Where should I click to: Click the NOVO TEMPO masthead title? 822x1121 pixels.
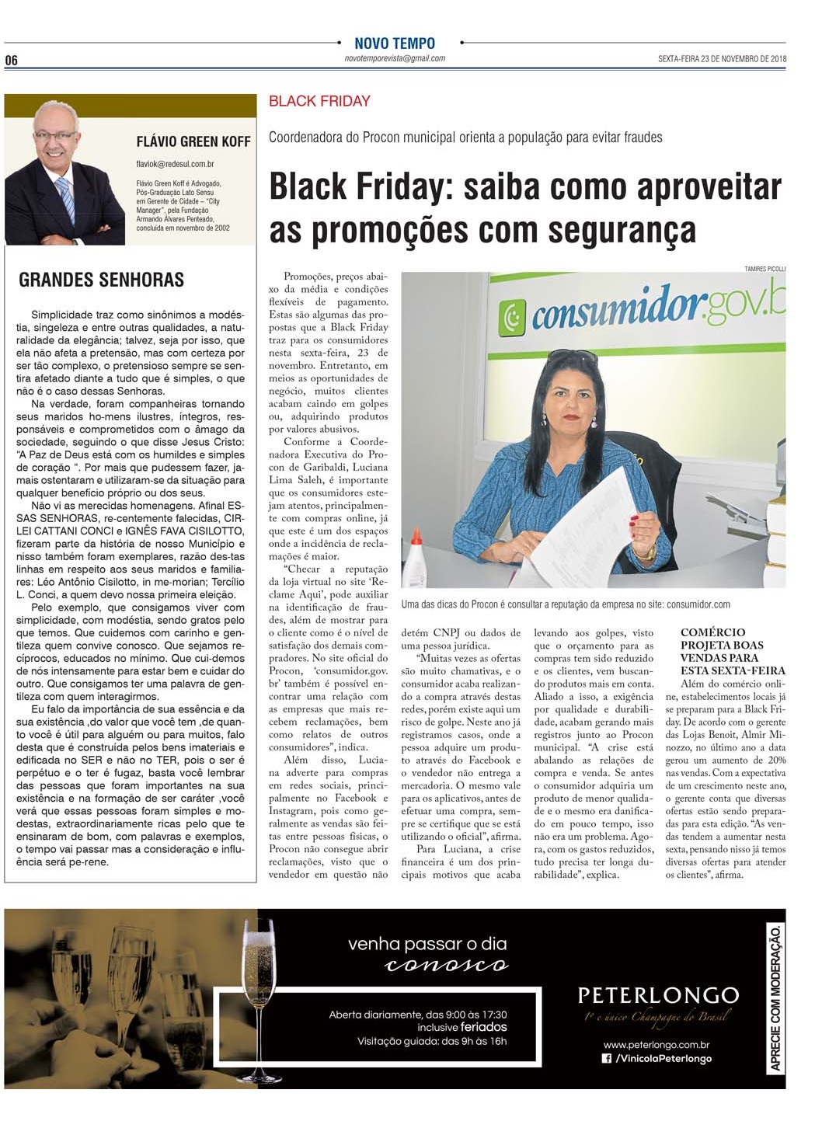click(394, 44)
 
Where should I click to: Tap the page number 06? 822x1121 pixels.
click(11, 61)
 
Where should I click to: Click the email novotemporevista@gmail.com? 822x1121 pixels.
click(395, 58)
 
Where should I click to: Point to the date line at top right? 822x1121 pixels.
click(722, 59)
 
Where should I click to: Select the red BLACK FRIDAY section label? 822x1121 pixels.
click(319, 101)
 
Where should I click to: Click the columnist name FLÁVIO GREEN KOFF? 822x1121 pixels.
click(193, 141)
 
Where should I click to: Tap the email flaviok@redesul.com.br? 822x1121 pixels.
click(175, 164)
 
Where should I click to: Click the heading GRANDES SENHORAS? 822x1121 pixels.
click(102, 280)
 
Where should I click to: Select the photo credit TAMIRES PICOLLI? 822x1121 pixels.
click(765, 269)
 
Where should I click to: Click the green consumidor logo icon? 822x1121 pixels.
click(512, 316)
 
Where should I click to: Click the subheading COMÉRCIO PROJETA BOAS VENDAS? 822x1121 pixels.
click(722, 651)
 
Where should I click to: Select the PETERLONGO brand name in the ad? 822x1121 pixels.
click(658, 995)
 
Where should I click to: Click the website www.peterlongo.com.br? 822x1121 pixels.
click(656, 1045)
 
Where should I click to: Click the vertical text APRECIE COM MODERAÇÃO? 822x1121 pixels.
click(775, 998)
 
